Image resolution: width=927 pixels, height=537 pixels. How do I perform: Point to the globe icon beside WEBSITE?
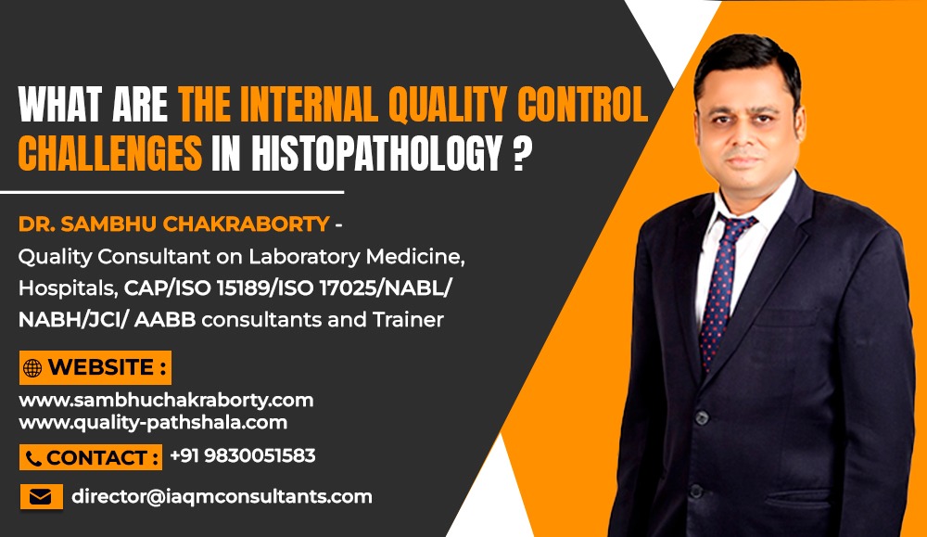[33, 368]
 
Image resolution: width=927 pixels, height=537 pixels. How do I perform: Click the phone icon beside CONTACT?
[33, 458]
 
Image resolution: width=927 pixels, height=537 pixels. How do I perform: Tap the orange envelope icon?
[40, 497]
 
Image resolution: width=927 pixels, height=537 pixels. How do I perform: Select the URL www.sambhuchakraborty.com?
[166, 401]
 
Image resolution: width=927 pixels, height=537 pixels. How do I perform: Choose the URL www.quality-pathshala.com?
[153, 422]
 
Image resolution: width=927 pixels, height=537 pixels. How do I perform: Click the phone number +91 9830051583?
[243, 456]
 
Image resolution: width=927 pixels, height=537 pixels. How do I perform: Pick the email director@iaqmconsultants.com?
[222, 496]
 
